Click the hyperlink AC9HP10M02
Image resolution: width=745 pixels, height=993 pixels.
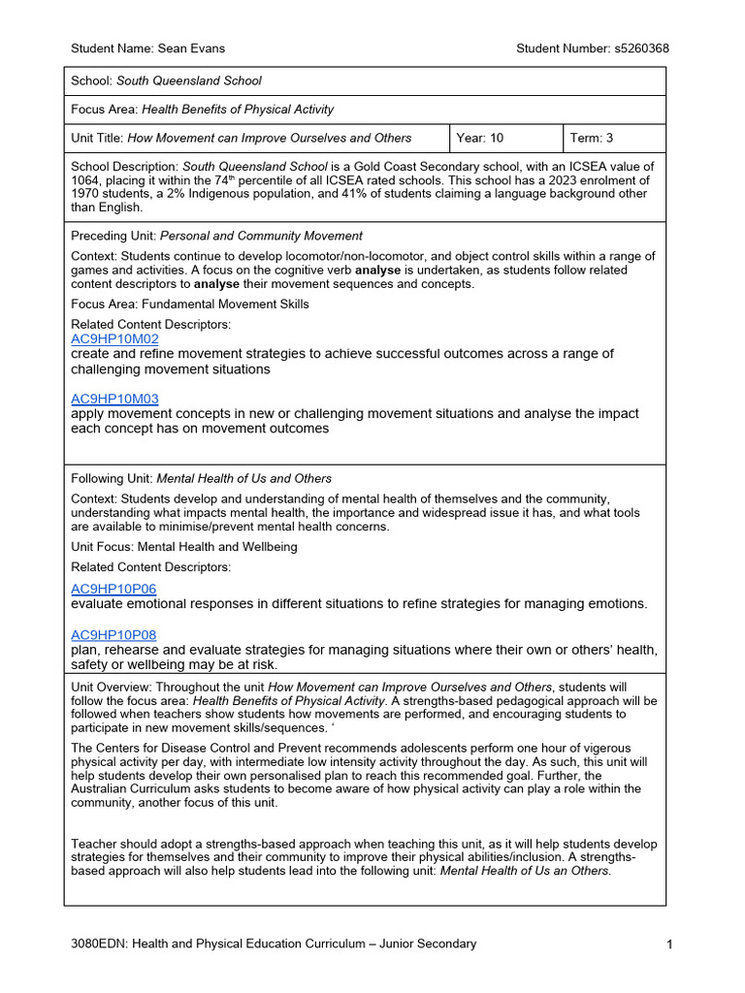114,339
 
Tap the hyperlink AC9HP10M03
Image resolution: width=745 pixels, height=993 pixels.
114,399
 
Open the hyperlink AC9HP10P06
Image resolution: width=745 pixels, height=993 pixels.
113,589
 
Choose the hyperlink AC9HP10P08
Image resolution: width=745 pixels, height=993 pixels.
113,635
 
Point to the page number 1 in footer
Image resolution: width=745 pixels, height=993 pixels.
669,944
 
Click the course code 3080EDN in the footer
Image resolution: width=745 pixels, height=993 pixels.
99,944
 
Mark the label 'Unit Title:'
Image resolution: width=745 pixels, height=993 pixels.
98,138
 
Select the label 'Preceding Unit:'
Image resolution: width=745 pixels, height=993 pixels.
113,236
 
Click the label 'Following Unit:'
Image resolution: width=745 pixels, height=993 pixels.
113,478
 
